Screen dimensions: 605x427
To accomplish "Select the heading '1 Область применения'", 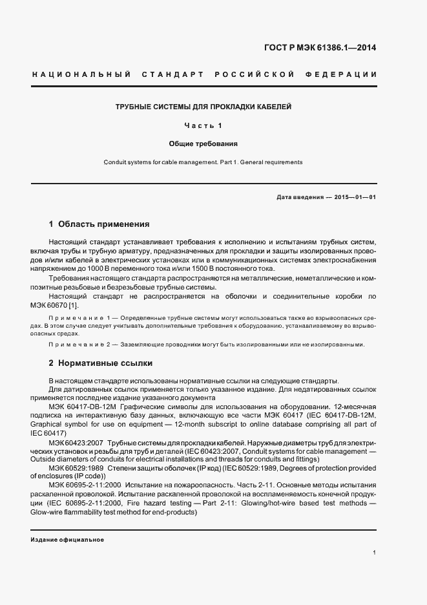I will click(99, 224).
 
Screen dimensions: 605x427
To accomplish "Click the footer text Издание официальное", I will click(67, 540).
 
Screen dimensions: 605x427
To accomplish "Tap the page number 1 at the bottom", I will click(375, 553).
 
